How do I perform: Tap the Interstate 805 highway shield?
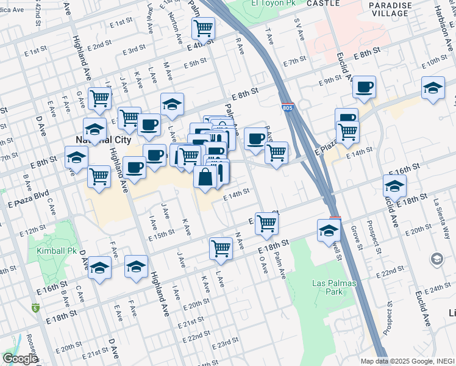(x=288, y=107)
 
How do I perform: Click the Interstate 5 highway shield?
(x=36, y=307)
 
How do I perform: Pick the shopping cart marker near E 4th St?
(x=203, y=27)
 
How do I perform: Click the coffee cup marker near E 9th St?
(x=364, y=87)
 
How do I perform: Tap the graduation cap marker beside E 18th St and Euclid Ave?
(x=394, y=185)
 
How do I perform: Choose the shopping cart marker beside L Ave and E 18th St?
(x=221, y=248)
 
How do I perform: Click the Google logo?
(x=21, y=358)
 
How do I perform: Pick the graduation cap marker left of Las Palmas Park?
(x=328, y=231)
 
